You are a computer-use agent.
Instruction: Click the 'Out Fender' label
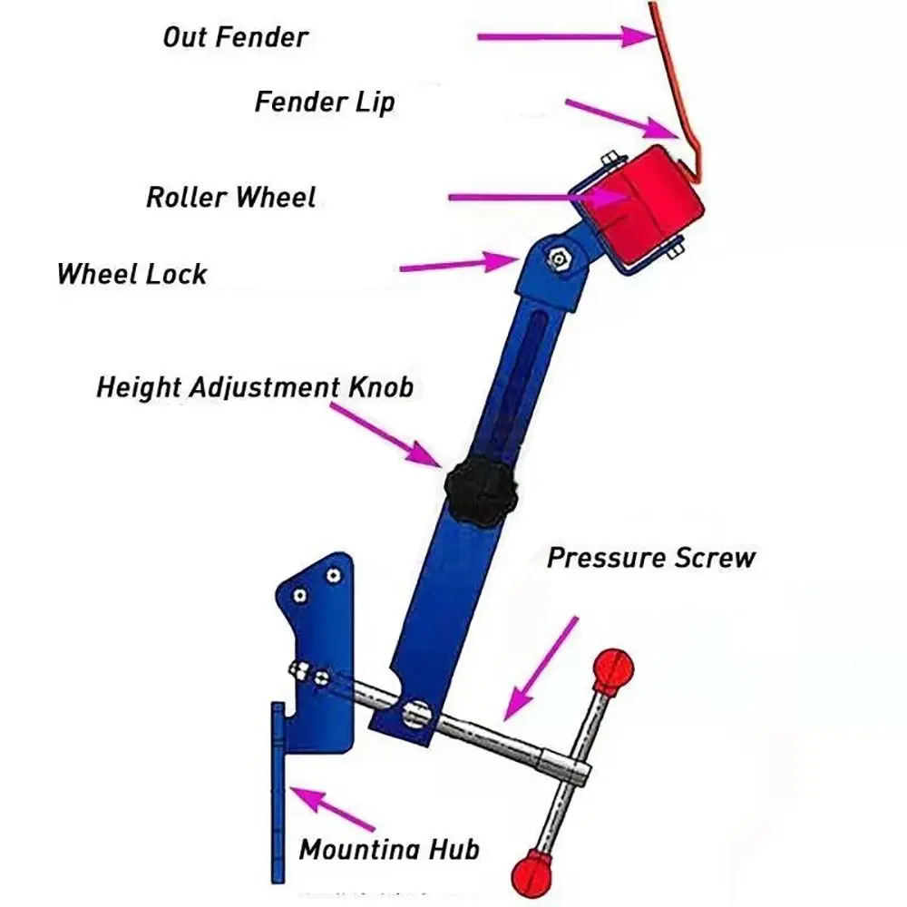tap(236, 37)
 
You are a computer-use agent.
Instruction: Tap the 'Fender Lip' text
tap(325, 102)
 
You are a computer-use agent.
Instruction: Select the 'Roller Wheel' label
tap(230, 197)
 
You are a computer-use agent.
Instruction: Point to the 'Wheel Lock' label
tap(132, 274)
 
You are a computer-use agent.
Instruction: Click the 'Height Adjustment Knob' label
tap(255, 387)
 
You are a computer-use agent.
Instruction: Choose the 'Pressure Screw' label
tap(651, 558)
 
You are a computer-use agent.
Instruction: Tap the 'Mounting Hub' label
tap(389, 850)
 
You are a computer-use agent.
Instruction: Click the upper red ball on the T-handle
tap(613, 669)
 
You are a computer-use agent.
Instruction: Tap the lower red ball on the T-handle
tap(532, 873)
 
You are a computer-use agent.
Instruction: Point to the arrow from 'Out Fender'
tap(567, 36)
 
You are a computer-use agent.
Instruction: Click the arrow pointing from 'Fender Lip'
tap(622, 119)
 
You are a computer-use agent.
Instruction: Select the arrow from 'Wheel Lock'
tap(460, 264)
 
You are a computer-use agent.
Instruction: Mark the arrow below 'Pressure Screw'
tap(541, 669)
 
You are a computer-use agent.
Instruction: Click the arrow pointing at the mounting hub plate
tap(332, 809)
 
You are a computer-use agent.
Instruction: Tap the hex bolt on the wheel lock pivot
tap(558, 258)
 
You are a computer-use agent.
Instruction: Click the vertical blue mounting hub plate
tap(278, 793)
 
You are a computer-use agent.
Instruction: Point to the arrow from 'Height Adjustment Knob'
tap(385, 434)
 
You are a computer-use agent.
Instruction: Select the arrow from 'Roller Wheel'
tap(538, 197)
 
